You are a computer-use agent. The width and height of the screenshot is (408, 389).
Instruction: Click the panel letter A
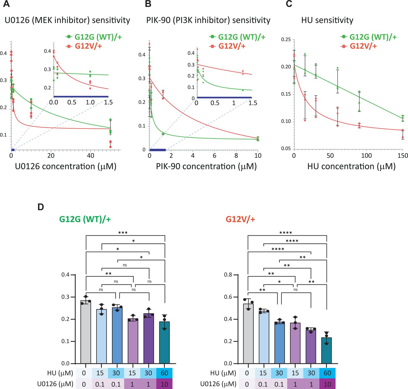pos(6,4)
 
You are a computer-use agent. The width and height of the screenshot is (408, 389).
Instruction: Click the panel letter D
pos(40,207)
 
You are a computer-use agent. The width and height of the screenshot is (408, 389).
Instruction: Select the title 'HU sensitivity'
pos(327,20)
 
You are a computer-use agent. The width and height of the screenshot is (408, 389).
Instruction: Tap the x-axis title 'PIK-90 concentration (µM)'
pos(206,166)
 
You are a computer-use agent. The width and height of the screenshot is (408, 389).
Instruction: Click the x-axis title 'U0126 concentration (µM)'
pos(66,166)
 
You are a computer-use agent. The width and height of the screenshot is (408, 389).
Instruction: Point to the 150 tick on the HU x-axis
pos(403,156)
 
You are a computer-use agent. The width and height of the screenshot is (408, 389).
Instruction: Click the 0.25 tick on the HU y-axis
pos(286,40)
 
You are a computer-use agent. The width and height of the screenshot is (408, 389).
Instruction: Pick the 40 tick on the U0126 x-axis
pos(91,156)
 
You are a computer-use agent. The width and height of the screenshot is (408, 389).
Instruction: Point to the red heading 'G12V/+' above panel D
pos(240,219)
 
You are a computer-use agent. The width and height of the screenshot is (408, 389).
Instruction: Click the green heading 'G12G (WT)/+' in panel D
pos(85,219)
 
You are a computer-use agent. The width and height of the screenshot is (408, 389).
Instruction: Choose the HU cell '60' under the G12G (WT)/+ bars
pos(164,373)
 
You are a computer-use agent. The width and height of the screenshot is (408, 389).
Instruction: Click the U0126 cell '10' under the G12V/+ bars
pos(327,384)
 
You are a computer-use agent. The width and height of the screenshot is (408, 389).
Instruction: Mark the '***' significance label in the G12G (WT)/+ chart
pos(123,233)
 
